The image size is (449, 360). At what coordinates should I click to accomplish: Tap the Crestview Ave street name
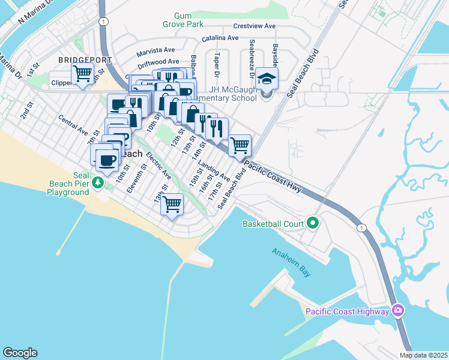tap(254, 26)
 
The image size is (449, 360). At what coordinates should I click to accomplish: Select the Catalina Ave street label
tap(220, 38)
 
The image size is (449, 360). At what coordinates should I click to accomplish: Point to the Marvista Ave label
tap(155, 50)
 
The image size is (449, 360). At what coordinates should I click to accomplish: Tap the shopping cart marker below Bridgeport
tap(82, 74)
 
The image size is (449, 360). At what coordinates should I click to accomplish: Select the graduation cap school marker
tap(267, 79)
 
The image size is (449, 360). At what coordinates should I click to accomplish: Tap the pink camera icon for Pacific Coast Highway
tap(397, 311)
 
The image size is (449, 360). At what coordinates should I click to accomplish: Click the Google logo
tap(20, 353)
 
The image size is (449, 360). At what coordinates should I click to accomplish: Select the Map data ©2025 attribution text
tap(423, 355)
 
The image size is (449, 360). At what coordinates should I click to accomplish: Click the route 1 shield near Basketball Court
tap(361, 227)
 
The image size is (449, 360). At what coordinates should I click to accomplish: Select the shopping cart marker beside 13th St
tap(172, 205)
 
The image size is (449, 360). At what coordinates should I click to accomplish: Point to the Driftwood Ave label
tap(158, 62)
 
